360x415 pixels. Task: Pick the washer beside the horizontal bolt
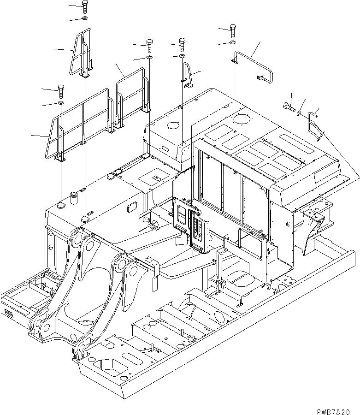[x=300, y=113]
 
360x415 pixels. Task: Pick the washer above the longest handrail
[x=60, y=103]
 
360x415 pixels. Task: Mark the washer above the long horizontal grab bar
[x=233, y=43]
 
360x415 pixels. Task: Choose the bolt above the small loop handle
[x=183, y=43]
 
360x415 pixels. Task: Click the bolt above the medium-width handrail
[x=150, y=44]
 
